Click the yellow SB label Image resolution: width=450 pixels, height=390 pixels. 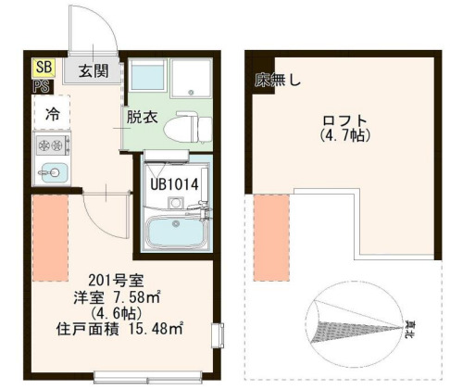(x=43, y=68)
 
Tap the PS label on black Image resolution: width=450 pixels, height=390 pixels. (x=41, y=84)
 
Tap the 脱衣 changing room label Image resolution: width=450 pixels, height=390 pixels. (x=143, y=119)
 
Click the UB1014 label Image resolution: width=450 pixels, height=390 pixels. (x=175, y=184)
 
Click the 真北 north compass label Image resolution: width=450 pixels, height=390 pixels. (x=408, y=326)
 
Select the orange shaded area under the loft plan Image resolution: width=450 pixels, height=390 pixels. (x=272, y=236)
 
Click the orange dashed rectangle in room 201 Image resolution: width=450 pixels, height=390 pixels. (x=49, y=236)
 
